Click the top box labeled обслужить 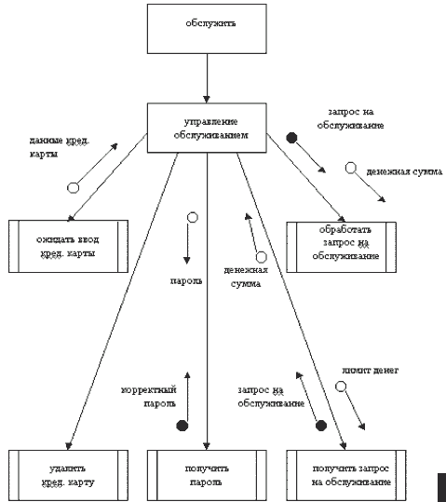pos(207,29)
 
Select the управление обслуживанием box pos(207,128)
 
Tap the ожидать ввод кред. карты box pos(68,246)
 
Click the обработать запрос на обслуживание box pos(342,247)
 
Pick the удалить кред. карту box pos(68,475)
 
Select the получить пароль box pos(207,475)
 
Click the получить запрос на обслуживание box pos(346,475)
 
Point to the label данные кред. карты pos(60,147)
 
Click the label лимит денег pos(371,371)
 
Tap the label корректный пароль pos(149,397)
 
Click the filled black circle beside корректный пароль pos(182,426)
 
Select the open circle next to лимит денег pos(341,387)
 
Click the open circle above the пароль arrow pos(193,217)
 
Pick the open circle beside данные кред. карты pos(73,187)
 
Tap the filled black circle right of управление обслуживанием pos(291,138)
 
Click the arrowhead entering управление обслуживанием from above pos(207,100)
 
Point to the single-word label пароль pos(186,281)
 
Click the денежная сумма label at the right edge pos(404,172)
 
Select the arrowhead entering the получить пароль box pos(207,446)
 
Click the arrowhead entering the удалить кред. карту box pos(69,446)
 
